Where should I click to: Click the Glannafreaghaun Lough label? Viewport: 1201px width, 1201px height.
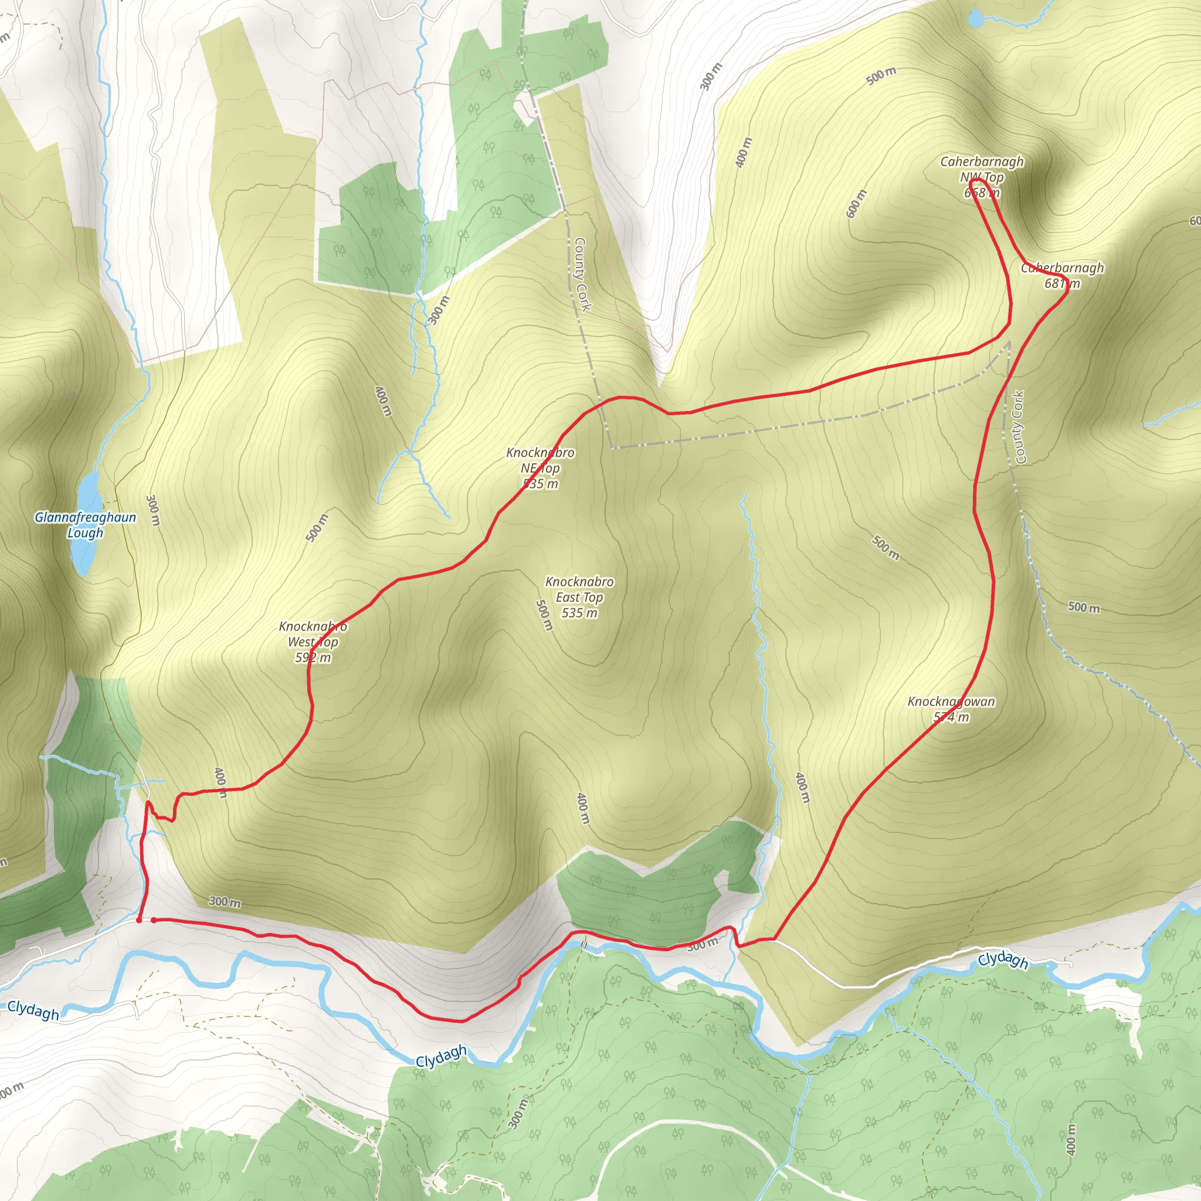click(85, 525)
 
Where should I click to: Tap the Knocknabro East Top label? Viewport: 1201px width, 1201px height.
click(579, 597)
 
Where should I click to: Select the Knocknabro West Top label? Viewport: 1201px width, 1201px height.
click(313, 642)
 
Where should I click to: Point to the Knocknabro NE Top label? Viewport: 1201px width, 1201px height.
click(540, 467)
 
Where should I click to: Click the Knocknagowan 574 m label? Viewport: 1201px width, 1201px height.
click(951, 708)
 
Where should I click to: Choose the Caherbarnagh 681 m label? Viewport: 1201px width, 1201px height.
click(1063, 276)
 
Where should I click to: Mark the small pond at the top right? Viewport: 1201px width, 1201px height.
click(975, 18)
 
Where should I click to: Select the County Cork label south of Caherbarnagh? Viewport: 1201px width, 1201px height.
click(1019, 427)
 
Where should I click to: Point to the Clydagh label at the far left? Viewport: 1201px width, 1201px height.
click(33, 1010)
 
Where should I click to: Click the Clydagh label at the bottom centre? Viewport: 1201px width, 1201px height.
click(441, 1056)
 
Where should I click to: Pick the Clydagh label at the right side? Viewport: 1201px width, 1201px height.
click(1003, 961)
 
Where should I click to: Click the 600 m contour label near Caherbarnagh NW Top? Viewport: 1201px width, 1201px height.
click(856, 203)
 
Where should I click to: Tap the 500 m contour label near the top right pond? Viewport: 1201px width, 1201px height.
click(881, 75)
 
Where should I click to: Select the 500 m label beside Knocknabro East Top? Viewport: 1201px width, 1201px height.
click(544, 615)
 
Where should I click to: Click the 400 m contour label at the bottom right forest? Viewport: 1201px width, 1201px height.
click(1070, 1139)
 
